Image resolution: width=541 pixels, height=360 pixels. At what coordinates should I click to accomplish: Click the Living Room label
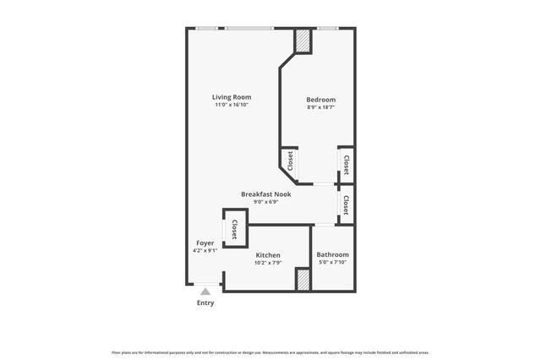point(231,97)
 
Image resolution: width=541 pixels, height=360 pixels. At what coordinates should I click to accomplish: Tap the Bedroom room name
point(320,100)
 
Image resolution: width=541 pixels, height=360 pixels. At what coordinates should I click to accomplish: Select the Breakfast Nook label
point(265,194)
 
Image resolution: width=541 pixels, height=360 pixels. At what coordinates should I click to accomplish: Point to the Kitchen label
point(268,255)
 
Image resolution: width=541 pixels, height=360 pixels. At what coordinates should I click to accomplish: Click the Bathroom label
point(332,254)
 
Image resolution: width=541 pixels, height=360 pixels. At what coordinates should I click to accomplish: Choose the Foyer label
point(205,243)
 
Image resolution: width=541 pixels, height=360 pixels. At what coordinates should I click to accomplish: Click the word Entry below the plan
point(205,303)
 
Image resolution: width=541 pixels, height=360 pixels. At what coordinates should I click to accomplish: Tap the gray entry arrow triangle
point(205,292)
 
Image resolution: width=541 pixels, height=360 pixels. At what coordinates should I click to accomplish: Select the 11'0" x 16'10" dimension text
point(231,106)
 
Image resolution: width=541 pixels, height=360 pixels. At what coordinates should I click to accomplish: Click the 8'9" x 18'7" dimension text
point(320,107)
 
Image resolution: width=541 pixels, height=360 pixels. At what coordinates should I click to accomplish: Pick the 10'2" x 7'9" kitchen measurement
point(268,263)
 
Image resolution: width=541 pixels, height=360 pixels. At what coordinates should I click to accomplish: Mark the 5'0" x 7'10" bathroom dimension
point(332,262)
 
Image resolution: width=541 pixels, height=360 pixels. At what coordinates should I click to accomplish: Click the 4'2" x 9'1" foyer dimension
point(205,250)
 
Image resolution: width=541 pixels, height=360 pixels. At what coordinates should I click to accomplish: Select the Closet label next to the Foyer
point(234,229)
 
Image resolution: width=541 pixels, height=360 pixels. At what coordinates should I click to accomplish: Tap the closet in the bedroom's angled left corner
point(290,161)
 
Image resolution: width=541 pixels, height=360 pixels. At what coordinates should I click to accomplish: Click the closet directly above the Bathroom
point(346,205)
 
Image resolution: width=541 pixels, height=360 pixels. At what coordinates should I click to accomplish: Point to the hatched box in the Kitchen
point(301,280)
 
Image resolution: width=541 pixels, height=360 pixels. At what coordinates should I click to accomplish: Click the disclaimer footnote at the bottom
point(270,352)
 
